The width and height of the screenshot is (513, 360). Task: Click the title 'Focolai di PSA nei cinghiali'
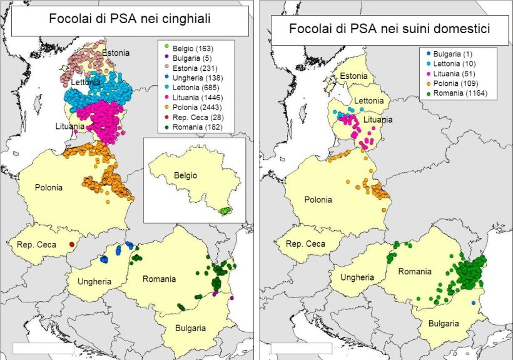[x=129, y=19]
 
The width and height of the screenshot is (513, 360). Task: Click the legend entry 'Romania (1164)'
[x=459, y=94]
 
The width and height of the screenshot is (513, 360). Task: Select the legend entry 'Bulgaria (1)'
[x=454, y=54]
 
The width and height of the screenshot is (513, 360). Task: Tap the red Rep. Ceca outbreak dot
[x=72, y=244]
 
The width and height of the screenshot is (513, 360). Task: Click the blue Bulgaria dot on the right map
[x=474, y=302]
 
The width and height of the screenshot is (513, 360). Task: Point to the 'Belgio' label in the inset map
[x=185, y=176]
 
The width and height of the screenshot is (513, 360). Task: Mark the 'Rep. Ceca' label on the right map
[x=307, y=244]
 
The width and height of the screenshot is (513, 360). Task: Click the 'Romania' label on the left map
[x=159, y=279]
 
